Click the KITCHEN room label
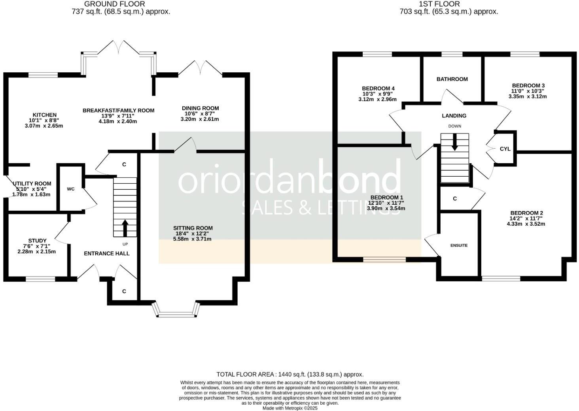44,115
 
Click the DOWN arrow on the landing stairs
455,142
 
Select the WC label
70,189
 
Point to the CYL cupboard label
505,149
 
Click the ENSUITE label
459,245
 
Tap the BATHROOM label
452,79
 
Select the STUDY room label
37,241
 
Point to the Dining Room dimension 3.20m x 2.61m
200,119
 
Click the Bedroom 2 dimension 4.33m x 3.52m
526,224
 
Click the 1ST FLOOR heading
439,4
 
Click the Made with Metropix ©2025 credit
290,408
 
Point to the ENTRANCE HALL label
106,253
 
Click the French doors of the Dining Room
200,68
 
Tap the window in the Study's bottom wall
40,279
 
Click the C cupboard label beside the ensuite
455,198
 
